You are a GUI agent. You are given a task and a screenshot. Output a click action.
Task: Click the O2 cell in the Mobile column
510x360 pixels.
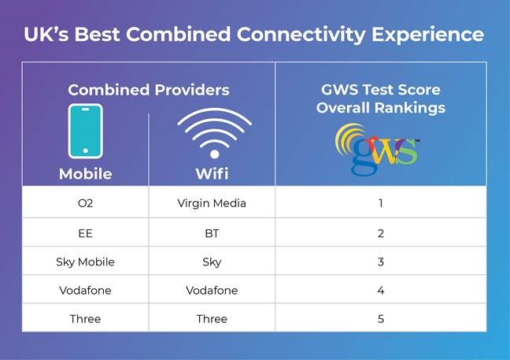(x=85, y=203)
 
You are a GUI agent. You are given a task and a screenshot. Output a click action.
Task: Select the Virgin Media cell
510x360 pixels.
(x=212, y=203)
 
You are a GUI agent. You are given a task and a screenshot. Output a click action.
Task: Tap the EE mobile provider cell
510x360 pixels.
(x=85, y=232)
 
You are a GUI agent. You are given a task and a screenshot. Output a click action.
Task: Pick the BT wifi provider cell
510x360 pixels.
(x=212, y=232)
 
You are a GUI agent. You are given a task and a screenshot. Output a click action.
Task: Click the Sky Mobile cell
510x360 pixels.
(x=85, y=262)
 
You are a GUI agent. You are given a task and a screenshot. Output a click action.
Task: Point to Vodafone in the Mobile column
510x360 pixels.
(x=85, y=290)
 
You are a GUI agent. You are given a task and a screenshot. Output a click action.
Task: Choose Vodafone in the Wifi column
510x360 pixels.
(x=212, y=290)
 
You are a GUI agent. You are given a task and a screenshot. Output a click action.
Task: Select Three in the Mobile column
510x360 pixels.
(x=85, y=319)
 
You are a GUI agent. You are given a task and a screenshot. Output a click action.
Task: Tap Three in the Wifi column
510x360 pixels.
(x=212, y=319)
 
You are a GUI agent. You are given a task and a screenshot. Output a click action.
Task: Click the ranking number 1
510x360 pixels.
(x=380, y=203)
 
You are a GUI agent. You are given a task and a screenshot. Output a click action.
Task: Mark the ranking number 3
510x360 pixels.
(x=380, y=262)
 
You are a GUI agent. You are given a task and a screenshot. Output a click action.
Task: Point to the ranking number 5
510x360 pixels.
(x=380, y=319)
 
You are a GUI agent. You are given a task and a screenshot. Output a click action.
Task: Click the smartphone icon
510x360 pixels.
(x=85, y=131)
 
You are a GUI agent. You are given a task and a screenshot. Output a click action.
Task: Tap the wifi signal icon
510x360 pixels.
(x=213, y=132)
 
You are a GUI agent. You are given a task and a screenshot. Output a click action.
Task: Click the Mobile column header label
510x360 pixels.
(x=85, y=174)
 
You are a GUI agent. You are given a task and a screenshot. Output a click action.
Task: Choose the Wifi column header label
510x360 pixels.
(x=213, y=174)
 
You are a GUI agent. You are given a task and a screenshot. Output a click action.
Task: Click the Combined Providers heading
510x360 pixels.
(x=148, y=90)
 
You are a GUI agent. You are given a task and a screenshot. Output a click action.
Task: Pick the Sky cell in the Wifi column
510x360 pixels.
(x=212, y=262)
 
